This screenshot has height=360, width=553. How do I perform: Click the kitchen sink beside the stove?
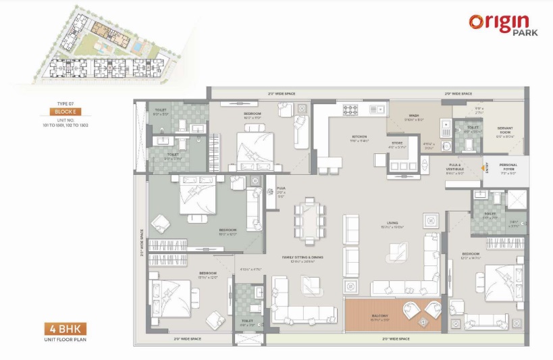coord(377,109)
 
